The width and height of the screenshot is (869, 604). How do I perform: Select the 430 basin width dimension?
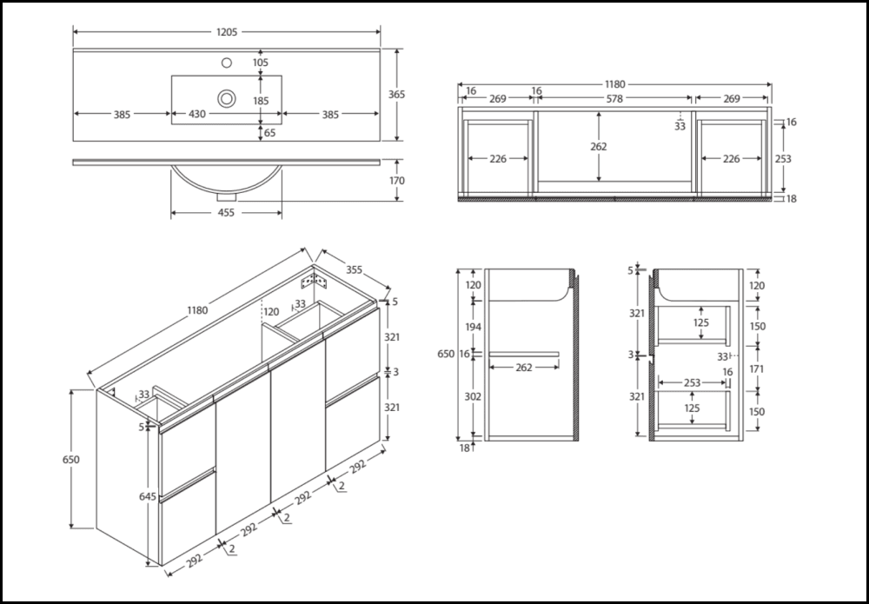click(x=198, y=114)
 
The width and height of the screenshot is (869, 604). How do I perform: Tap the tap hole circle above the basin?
click(x=227, y=63)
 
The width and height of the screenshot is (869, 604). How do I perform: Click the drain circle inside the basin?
click(x=226, y=97)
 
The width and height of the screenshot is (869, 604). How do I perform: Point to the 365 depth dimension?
click(x=397, y=94)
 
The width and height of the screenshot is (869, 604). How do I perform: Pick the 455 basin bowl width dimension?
click(x=226, y=211)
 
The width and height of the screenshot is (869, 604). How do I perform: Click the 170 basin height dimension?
click(x=397, y=181)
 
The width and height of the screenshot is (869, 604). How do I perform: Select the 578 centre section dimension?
click(x=614, y=99)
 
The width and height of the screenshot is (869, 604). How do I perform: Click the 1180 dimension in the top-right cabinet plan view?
click(x=614, y=84)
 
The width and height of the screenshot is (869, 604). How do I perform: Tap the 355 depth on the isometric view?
click(x=354, y=269)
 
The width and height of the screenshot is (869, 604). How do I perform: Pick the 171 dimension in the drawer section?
click(x=756, y=368)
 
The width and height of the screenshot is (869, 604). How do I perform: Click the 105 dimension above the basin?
click(x=261, y=63)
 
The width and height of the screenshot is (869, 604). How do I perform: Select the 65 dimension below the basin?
click(x=269, y=133)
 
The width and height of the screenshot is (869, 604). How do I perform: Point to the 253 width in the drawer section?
click(x=692, y=382)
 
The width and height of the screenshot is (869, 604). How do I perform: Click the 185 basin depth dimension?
click(x=261, y=101)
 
